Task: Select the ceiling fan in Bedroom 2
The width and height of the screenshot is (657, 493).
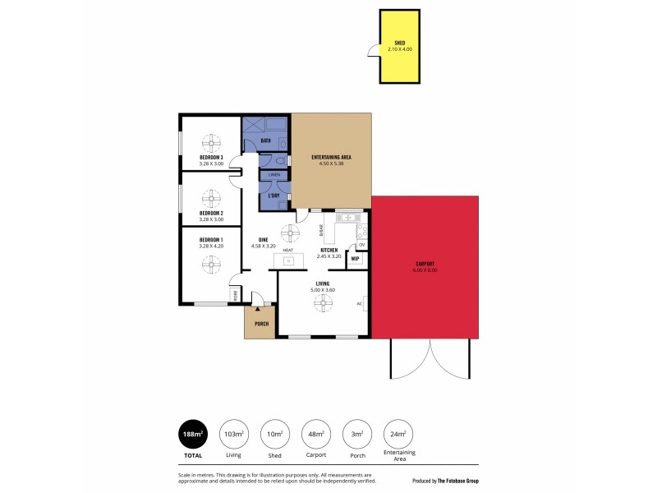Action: point(211,196)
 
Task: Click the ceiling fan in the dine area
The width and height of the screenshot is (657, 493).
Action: point(288,233)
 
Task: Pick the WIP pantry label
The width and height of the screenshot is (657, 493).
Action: point(356,259)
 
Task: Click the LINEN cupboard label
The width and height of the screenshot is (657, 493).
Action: point(274,175)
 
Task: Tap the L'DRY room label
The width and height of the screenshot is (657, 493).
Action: point(274,196)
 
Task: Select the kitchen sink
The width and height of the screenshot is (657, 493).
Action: point(347,218)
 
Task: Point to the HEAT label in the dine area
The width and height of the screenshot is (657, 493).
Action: point(287,250)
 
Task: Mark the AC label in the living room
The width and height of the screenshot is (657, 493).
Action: point(359,303)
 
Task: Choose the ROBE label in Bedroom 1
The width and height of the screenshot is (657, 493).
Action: point(234,294)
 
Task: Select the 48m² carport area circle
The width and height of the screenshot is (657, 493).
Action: point(316,435)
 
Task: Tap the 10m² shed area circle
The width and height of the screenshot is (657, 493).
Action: point(274,435)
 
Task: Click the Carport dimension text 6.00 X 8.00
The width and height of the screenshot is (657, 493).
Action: point(425,270)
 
